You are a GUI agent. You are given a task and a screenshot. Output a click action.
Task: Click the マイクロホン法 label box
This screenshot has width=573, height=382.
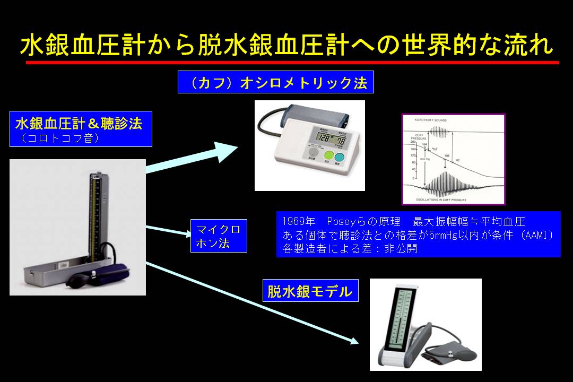(x=219, y=237)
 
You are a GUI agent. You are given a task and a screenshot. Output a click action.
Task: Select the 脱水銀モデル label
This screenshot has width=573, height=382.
(x=310, y=291)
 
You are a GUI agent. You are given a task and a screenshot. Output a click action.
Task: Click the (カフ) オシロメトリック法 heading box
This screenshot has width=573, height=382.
(x=275, y=82)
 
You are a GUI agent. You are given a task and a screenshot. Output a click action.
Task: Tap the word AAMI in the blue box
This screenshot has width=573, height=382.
(x=537, y=235)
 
